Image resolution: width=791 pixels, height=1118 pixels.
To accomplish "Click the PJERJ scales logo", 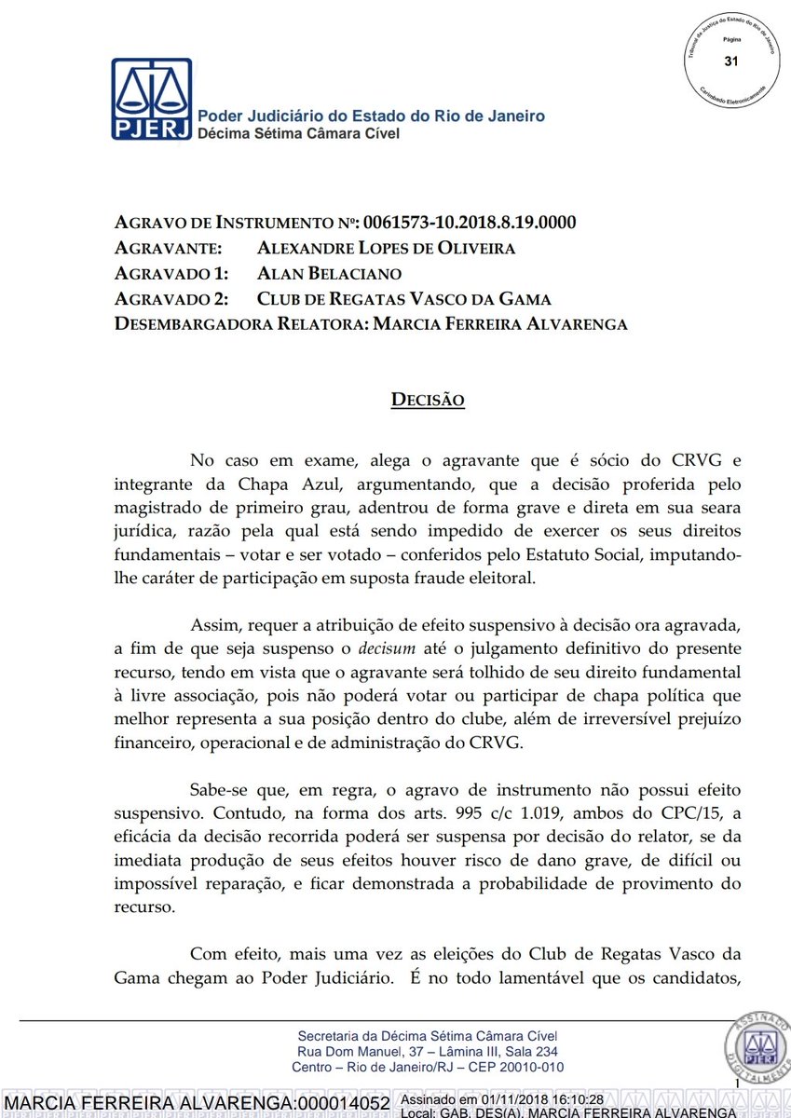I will click(152, 100).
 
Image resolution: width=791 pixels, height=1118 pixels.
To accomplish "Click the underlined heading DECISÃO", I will click(428, 400).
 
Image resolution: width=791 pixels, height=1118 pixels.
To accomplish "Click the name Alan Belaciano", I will click(330, 274).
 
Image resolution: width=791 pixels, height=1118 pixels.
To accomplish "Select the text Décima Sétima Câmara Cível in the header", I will click(298, 134).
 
